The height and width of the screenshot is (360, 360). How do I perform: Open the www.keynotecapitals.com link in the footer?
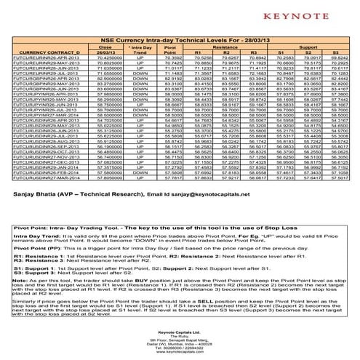pos(179,356)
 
